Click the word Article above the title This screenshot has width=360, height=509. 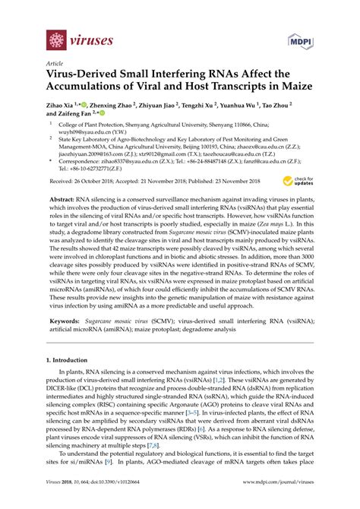coord(54,65)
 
